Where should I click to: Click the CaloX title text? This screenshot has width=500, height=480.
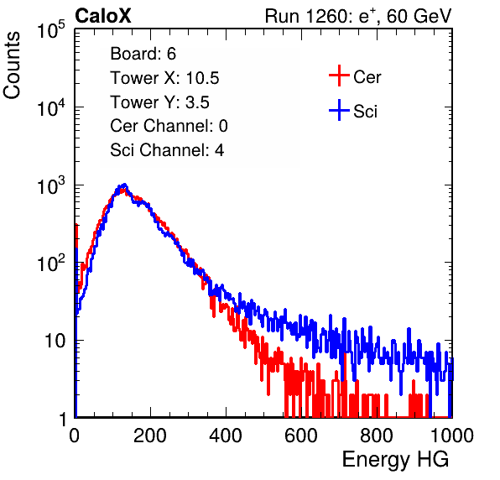(102, 16)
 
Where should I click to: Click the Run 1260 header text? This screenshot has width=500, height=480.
(358, 16)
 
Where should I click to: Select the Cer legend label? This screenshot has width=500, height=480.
(367, 77)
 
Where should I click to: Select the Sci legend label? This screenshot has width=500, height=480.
(365, 111)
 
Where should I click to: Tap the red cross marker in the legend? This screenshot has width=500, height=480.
(339, 76)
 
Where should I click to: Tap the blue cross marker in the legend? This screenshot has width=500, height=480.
(339, 110)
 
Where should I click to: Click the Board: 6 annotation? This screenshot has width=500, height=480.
(143, 54)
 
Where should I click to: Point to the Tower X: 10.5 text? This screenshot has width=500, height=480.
(164, 78)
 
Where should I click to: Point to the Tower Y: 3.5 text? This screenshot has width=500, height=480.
(159, 102)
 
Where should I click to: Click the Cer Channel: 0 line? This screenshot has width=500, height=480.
(169, 126)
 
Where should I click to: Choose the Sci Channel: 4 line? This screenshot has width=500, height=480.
(167, 150)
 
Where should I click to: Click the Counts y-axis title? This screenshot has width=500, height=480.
(12, 65)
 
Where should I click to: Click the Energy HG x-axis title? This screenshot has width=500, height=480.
(395, 460)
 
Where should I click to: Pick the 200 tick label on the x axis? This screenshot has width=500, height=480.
(150, 436)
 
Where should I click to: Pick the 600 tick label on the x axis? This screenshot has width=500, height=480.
(301, 436)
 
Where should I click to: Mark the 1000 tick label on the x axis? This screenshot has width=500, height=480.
(452, 436)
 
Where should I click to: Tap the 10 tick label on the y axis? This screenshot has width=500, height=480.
(55, 341)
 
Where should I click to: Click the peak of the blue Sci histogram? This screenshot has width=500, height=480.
(125, 184)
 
